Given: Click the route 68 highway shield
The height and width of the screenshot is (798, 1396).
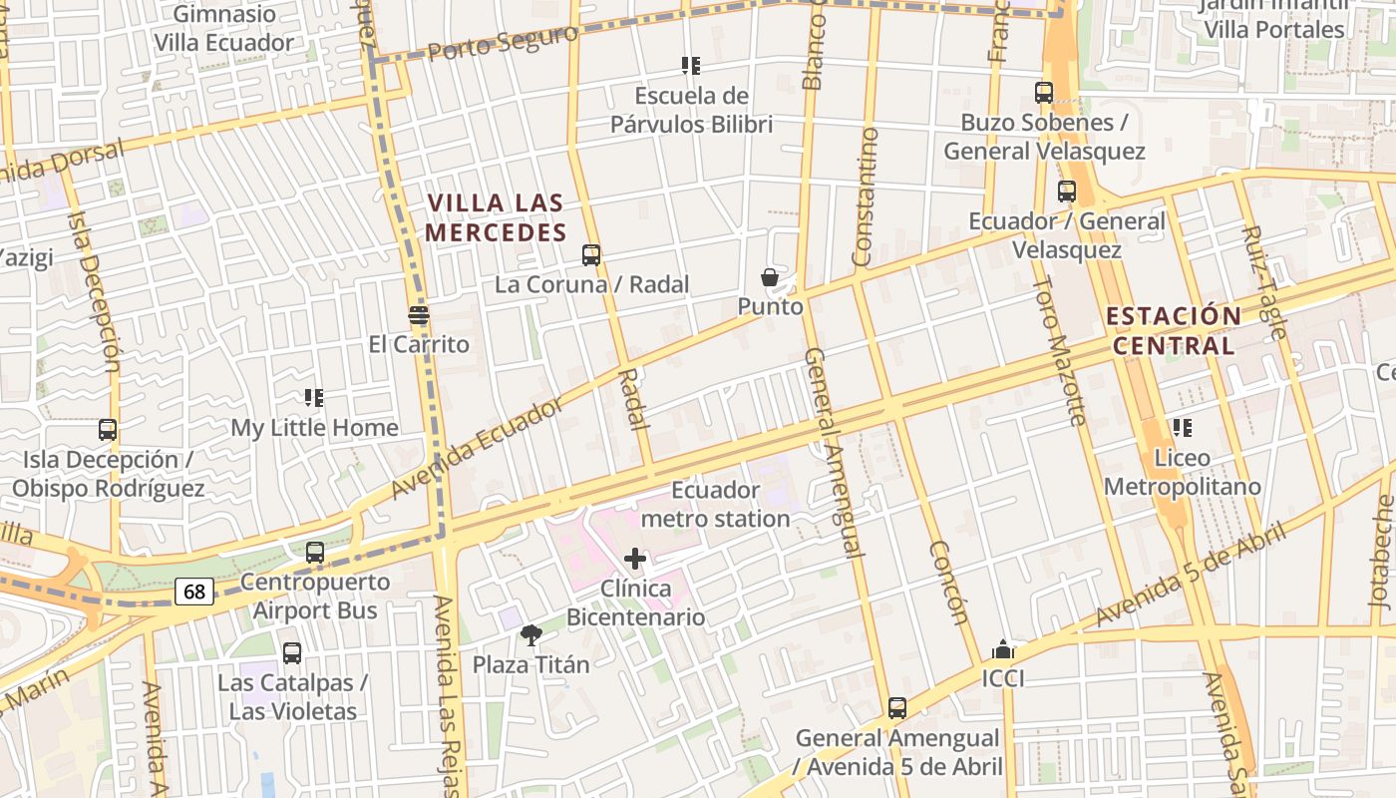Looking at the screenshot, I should (194, 592).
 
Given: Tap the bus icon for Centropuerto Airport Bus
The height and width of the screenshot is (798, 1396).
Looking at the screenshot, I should (315, 552).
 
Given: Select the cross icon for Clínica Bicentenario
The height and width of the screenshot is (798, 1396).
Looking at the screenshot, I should (635, 559).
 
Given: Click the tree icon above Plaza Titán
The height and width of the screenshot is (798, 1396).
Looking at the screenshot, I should (531, 634).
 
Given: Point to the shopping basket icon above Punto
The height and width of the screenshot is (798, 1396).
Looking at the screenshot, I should (770, 277).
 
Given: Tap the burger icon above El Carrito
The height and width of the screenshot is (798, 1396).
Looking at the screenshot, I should (419, 315).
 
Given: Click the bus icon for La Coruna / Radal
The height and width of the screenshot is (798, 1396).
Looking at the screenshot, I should (591, 255).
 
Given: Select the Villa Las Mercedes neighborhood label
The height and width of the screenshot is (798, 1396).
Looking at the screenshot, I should (496, 217).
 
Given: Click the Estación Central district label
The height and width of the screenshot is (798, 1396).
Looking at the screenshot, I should (1174, 331).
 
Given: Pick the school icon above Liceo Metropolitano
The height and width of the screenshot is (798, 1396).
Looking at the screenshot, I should (1183, 428).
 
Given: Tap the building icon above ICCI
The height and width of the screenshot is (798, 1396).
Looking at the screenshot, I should (1003, 650).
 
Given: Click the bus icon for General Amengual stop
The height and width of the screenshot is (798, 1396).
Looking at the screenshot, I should (897, 708).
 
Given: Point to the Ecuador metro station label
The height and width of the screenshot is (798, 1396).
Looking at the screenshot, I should (715, 505).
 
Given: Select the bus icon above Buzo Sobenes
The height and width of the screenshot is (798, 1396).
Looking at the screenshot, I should (1044, 93).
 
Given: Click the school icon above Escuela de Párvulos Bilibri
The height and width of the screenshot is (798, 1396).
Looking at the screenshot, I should (691, 66).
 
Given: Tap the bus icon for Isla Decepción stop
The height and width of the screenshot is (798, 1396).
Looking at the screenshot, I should (108, 430).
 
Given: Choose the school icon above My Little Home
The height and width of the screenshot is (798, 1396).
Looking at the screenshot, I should (314, 398).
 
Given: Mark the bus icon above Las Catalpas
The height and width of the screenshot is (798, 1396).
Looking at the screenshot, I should (292, 653).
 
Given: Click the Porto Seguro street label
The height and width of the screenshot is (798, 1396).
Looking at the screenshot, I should (504, 43).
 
